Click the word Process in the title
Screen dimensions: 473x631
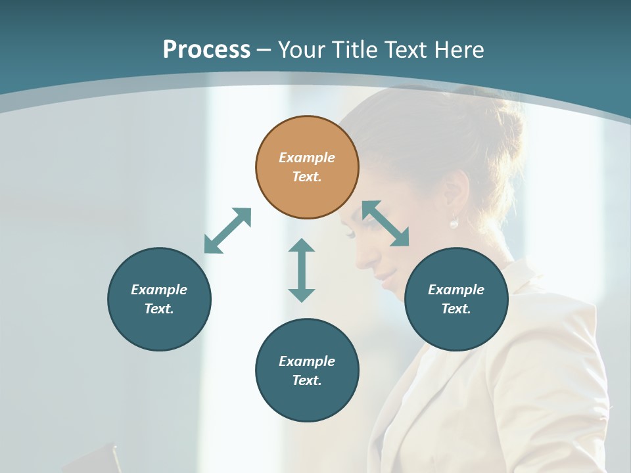pyautogui.click(x=206, y=50)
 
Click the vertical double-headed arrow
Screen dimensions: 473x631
pyautogui.click(x=302, y=270)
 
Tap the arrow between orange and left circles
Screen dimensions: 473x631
pyautogui.click(x=227, y=231)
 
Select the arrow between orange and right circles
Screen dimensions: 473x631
pyautogui.click(x=386, y=223)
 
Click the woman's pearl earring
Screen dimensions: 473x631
pyautogui.click(x=454, y=223)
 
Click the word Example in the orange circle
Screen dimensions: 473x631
pyautogui.click(x=307, y=158)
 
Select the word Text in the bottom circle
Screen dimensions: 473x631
pyautogui.click(x=307, y=380)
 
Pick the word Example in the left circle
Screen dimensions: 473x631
pyautogui.click(x=159, y=290)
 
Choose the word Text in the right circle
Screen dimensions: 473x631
pyautogui.click(x=456, y=309)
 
